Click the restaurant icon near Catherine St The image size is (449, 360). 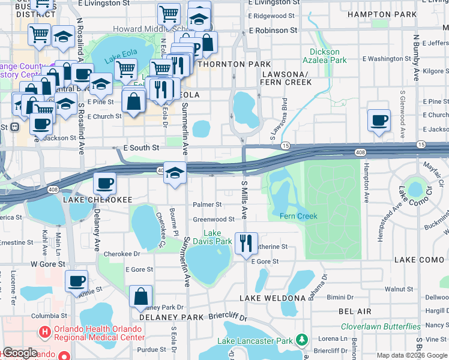[x=246, y=243]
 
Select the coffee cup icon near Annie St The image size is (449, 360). [x=76, y=281]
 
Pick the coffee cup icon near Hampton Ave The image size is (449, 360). [x=379, y=120]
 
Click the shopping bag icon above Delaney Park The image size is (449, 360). [x=140, y=296]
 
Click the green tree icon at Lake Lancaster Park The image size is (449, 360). [x=301, y=341]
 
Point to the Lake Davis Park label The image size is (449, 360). [x=217, y=238]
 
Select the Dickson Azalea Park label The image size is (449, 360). [x=328, y=56]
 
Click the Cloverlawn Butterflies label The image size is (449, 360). [x=381, y=326]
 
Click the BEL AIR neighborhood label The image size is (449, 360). [x=355, y=311]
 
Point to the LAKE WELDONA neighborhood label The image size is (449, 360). [x=273, y=298]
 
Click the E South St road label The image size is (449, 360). [x=140, y=148]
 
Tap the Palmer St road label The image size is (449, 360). [x=207, y=205]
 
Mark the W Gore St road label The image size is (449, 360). [x=47, y=263]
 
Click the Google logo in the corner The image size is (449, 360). [x=20, y=353]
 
